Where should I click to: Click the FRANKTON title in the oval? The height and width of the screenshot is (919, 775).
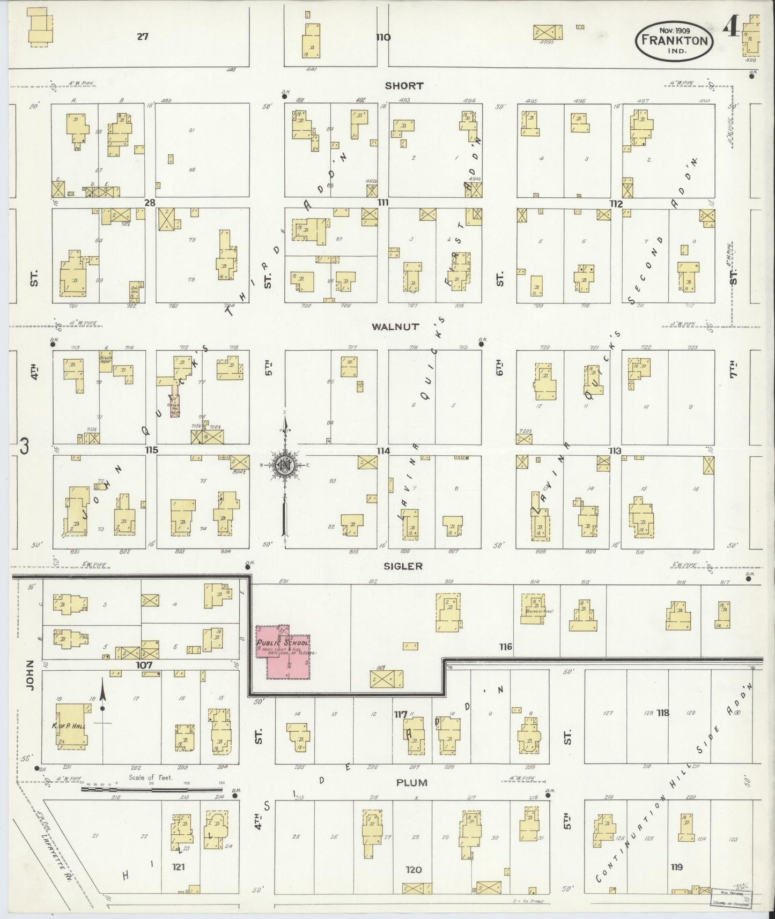(675, 40)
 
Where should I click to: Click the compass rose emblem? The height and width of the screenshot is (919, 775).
(284, 465)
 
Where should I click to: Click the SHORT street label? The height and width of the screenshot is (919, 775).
(404, 85)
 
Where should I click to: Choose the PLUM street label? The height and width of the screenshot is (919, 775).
(411, 782)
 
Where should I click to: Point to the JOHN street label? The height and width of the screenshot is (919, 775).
(30, 675)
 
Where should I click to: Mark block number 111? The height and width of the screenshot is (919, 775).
(382, 203)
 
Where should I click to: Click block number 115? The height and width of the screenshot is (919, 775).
(151, 450)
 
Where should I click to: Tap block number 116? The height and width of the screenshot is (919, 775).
(505, 647)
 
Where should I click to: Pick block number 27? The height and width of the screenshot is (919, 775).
(142, 37)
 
